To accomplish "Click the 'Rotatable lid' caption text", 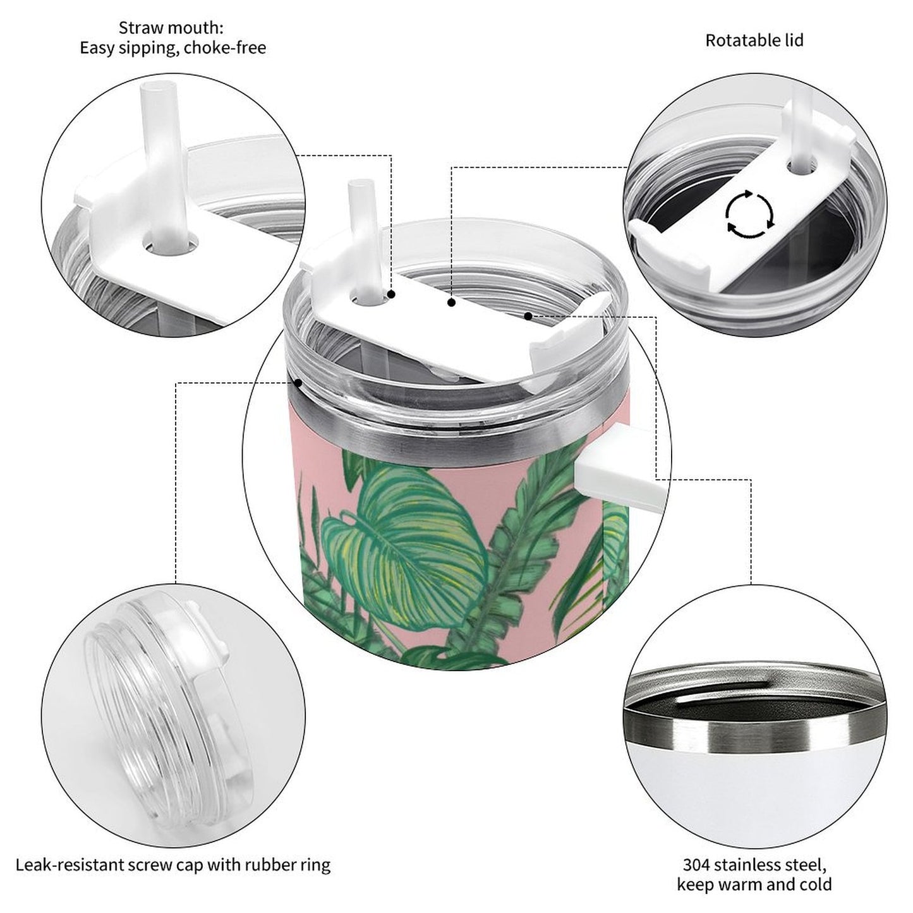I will tap(754, 40).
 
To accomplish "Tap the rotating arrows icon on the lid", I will tap(749, 214).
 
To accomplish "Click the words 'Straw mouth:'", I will tap(171, 28).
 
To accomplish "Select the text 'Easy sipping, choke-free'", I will tap(172, 48).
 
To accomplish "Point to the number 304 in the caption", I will tap(696, 864).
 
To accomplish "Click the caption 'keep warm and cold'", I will tap(754, 884).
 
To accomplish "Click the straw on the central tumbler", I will tap(360, 234).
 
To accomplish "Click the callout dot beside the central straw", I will tap(392, 294).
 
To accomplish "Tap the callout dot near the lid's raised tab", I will tap(528, 315).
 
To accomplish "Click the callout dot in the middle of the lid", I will tap(451, 303).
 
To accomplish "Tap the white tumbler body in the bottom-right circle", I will tap(752, 796).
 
